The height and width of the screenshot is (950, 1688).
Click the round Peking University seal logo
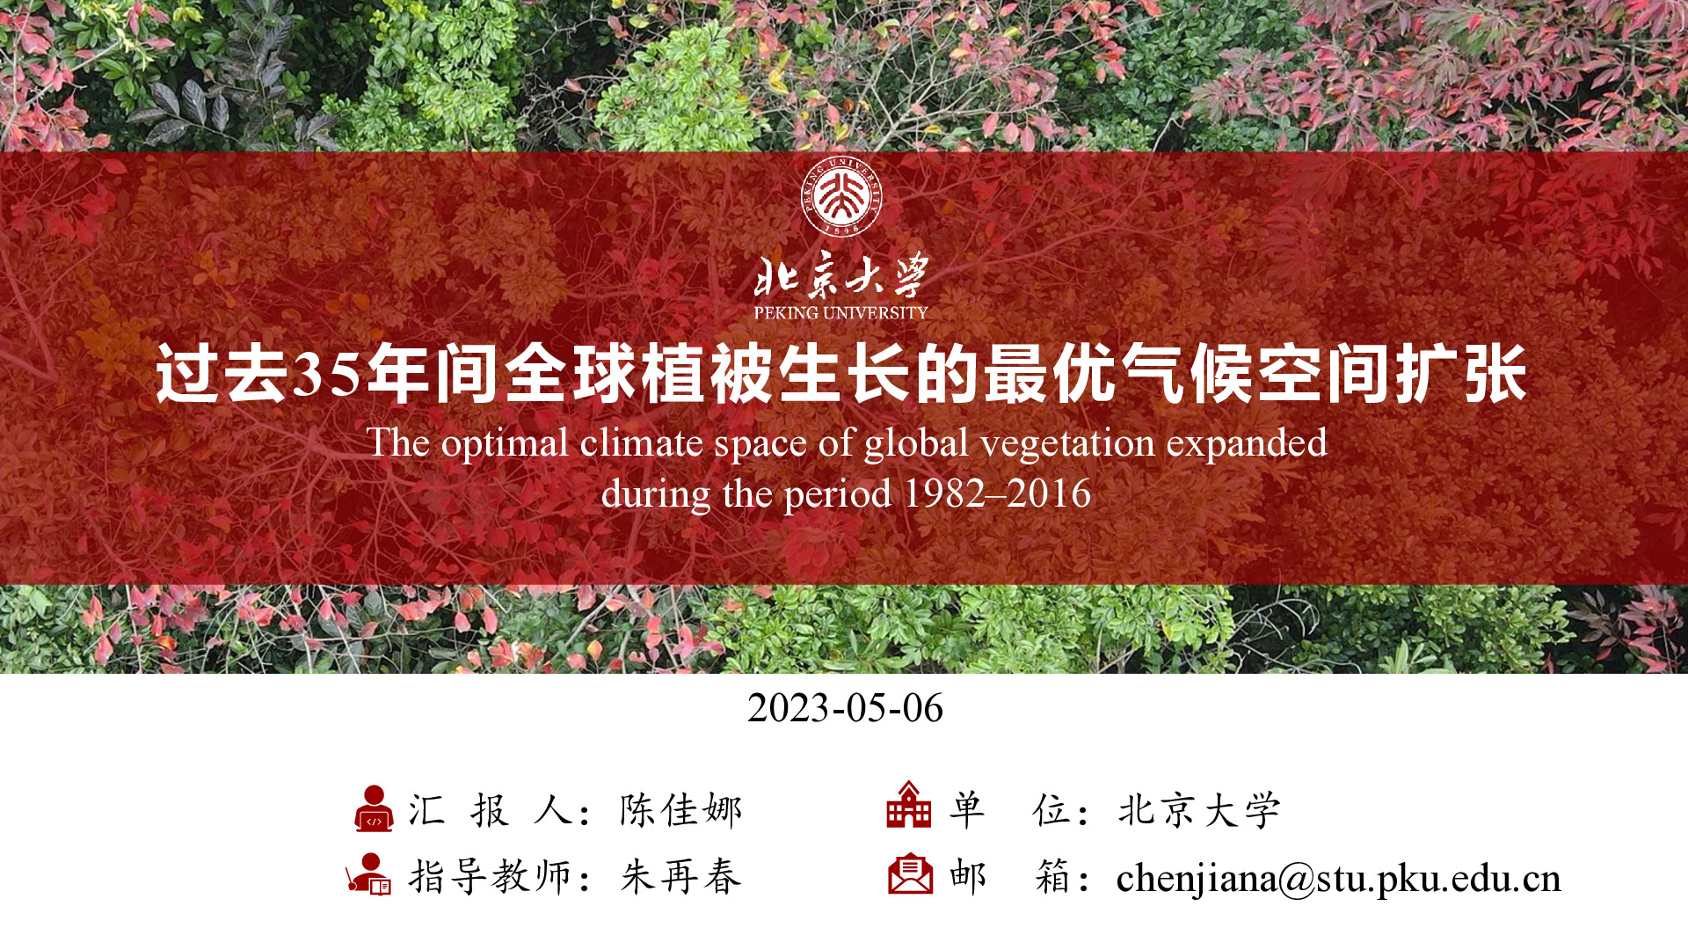[841, 196]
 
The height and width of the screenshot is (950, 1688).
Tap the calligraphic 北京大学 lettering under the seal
[841, 275]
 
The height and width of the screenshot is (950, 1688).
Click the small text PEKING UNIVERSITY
[841, 312]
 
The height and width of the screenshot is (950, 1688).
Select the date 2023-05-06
[845, 708]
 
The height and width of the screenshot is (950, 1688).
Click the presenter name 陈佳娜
[681, 810]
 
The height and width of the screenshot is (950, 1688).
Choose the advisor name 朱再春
[681, 877]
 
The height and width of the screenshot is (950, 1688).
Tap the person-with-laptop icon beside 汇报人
[374, 808]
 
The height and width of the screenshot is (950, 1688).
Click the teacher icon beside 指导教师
[368, 874]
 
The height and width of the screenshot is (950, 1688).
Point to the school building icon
[909, 804]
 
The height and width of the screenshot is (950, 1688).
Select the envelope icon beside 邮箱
[910, 873]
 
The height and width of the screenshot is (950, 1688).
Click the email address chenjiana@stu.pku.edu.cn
[1338, 879]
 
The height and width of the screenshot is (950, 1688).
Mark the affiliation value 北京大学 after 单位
[1199, 810]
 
